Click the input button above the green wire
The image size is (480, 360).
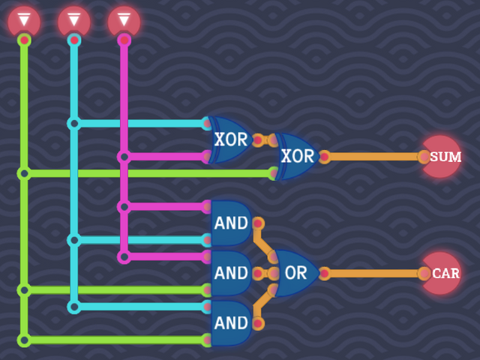coord(24,21)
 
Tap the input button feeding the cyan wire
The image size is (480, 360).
coord(74,21)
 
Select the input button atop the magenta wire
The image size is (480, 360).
coord(124,21)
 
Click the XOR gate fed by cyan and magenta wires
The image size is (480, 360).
coord(230,139)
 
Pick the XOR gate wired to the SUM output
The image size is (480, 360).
coord(297,156)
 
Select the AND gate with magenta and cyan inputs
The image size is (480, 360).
coord(230,223)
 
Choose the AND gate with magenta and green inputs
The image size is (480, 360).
coord(230,273)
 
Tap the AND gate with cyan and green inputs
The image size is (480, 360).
coord(230,322)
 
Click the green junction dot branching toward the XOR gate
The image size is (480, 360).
coord(24,173)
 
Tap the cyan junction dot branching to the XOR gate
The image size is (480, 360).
coord(74,123)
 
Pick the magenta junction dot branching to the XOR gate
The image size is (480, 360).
coord(124,157)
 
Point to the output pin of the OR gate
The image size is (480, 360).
coord(324,273)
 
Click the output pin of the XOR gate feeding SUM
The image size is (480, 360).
coord(324,157)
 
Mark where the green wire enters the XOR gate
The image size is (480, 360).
coord(274,173)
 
